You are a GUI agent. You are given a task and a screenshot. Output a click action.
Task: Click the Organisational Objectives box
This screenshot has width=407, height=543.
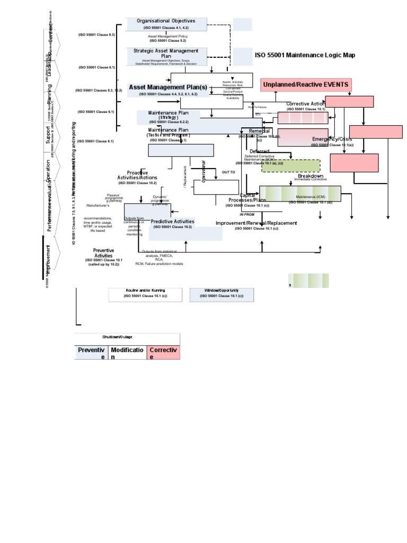pos(165,24)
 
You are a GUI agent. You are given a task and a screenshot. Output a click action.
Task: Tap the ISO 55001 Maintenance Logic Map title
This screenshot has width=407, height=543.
pos(305,55)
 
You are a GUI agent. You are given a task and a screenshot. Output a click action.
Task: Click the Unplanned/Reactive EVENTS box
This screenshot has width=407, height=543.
pos(306,85)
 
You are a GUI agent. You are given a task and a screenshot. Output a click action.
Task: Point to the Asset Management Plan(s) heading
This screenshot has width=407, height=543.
pos(167,87)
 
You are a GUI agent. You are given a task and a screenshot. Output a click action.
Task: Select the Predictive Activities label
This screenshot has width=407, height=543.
pos(172,221)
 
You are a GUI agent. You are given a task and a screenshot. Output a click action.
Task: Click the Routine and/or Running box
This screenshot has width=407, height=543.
pos(145,294)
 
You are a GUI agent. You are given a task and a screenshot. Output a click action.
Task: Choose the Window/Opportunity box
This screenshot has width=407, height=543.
pos(221,294)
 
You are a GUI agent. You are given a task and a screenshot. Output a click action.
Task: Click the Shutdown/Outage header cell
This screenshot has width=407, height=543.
pos(127,337)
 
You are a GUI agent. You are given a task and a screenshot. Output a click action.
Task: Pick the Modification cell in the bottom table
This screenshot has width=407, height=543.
pos(127,353)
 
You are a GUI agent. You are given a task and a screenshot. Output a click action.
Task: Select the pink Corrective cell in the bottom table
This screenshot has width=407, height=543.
pos(163,353)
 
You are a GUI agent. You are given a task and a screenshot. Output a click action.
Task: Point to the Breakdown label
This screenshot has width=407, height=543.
pos(310,176)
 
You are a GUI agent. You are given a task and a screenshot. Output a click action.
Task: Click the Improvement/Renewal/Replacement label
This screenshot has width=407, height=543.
pos(256,223)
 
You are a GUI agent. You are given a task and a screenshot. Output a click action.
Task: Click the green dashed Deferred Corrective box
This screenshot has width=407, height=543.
pos(290,166)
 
